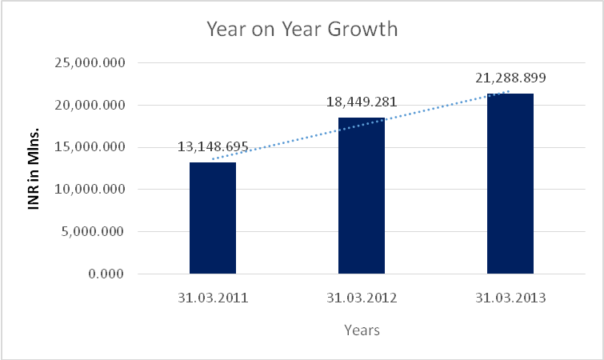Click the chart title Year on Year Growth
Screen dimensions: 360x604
click(x=302, y=30)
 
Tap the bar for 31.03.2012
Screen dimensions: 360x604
click(x=362, y=196)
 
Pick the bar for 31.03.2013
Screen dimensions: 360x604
click(x=510, y=184)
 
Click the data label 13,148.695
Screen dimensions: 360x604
click(x=213, y=148)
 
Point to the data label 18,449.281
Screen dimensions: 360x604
click(x=362, y=102)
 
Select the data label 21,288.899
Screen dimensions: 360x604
click(x=510, y=78)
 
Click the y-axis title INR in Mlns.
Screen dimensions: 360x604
click(x=35, y=168)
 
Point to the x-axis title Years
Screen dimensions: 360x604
click(x=362, y=330)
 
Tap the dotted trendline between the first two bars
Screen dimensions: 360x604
click(x=288, y=140)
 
